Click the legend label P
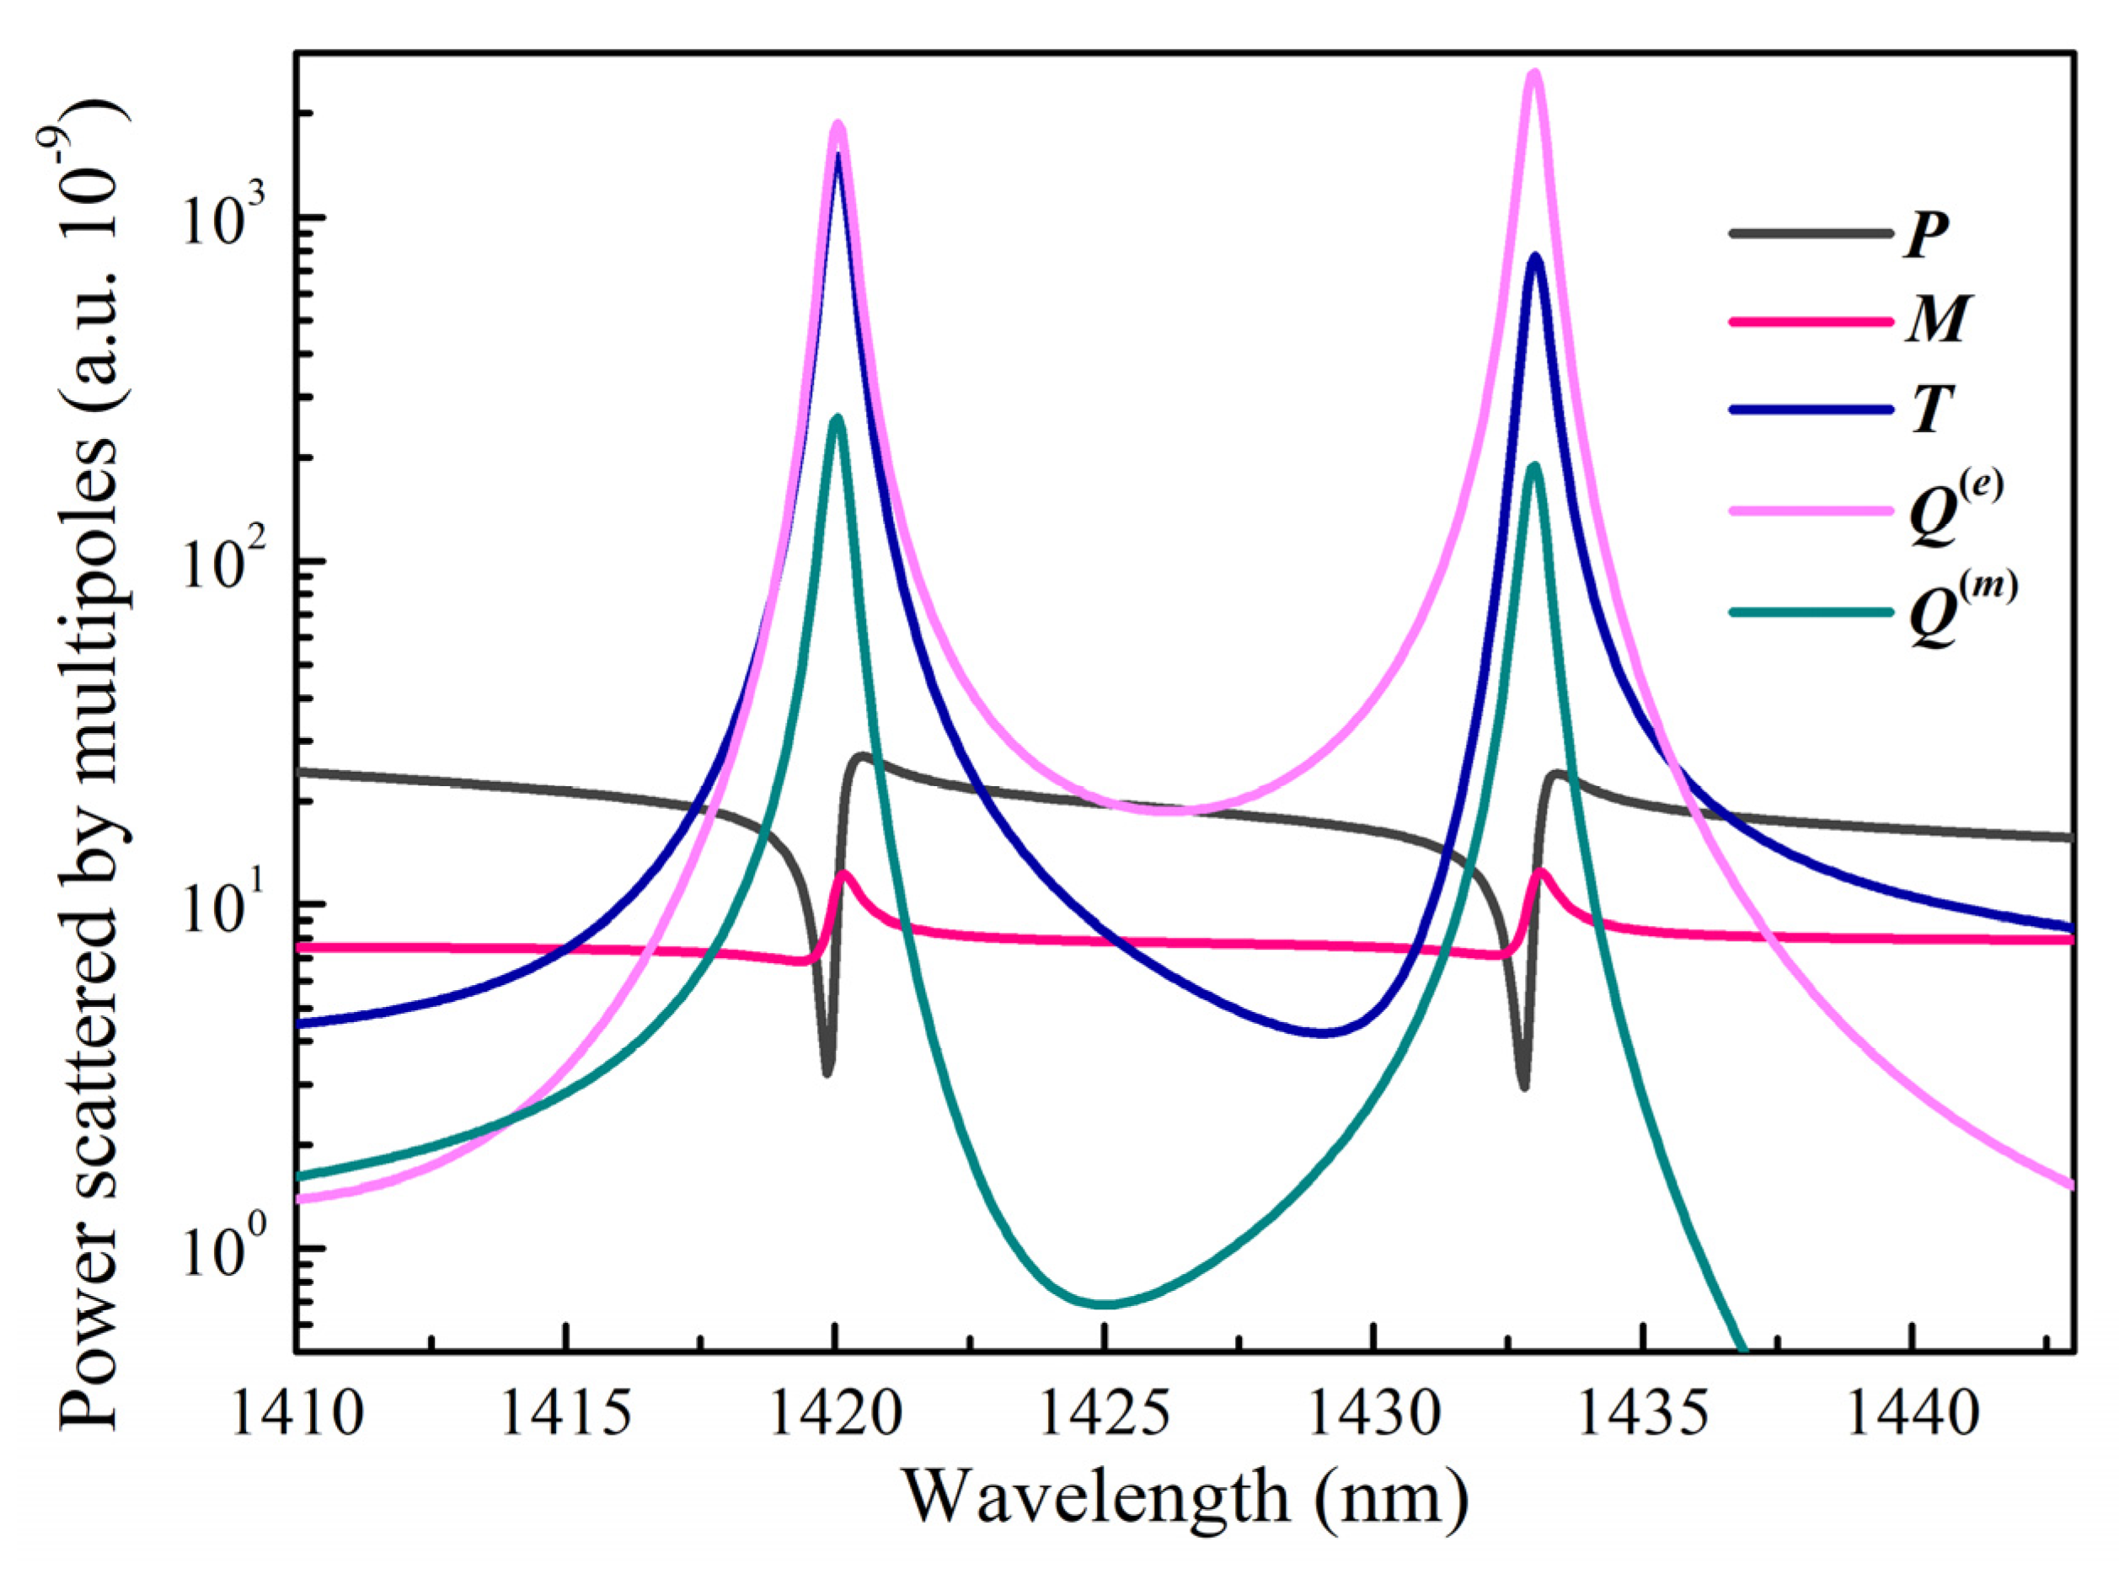click(1925, 234)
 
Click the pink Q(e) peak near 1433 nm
click(1534, 74)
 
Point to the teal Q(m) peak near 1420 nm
click(837, 420)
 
